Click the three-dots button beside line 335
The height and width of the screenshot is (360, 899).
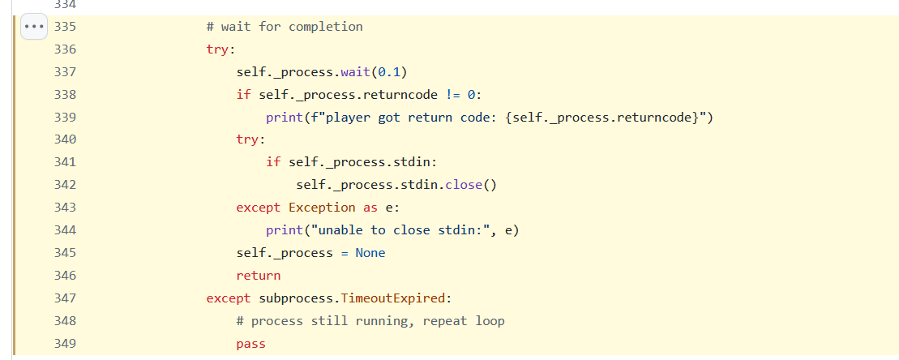34,26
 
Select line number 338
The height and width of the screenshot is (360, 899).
64,94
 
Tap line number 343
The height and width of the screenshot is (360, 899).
64,208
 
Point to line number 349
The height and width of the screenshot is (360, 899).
64,344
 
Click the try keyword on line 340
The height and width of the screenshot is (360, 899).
247,139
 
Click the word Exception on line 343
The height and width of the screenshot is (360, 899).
322,208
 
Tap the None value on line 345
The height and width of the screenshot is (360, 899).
370,253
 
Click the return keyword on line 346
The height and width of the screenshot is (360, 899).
259,276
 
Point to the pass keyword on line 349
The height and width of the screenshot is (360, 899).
251,344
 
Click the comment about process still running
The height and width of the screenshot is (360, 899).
370,321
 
